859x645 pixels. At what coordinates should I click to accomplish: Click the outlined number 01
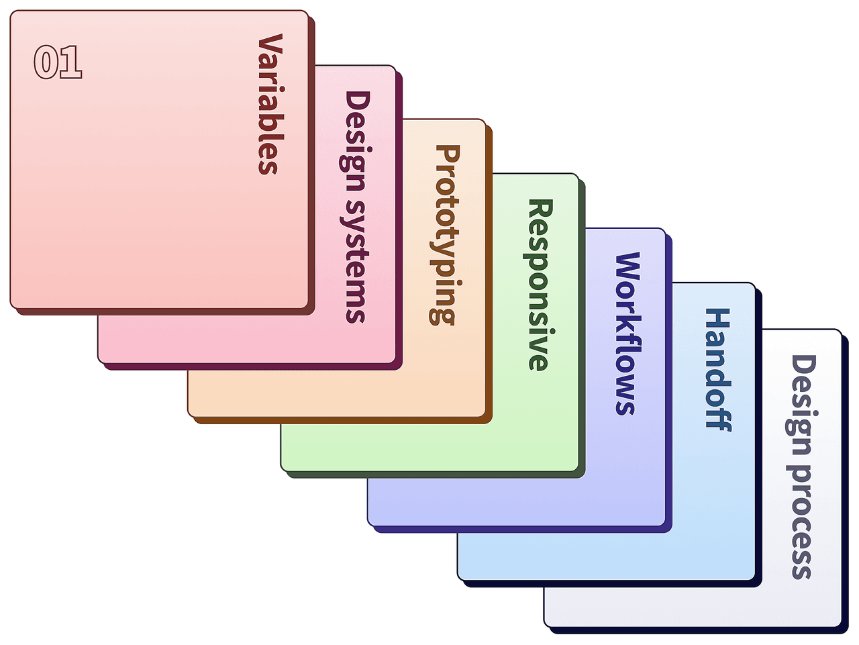(x=58, y=62)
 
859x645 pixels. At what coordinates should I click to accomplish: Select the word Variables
(x=268, y=105)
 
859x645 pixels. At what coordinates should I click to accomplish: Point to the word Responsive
(x=539, y=285)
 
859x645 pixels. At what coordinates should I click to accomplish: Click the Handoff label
(x=717, y=369)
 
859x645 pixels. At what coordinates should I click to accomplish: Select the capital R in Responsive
(x=540, y=209)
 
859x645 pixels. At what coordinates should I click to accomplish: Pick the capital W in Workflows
(x=628, y=266)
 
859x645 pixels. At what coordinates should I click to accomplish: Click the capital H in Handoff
(x=717, y=320)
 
